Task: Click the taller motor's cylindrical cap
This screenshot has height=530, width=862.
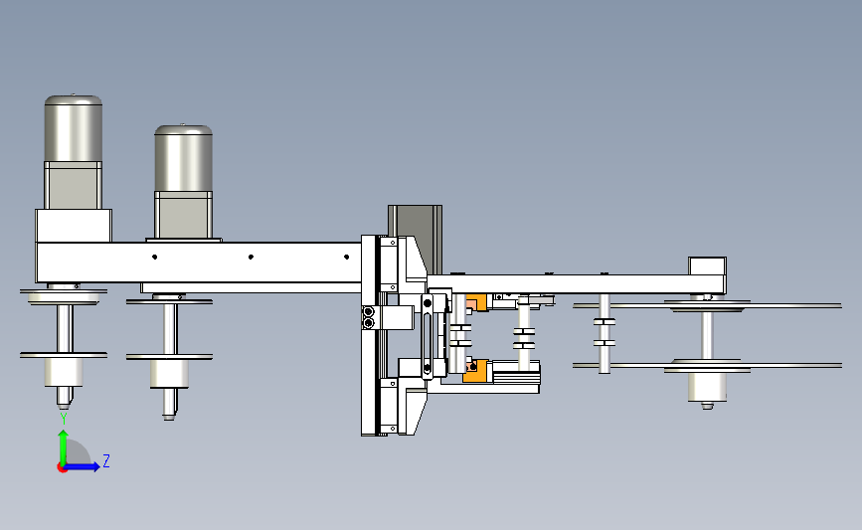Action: (x=74, y=128)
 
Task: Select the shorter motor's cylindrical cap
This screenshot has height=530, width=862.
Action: (x=183, y=158)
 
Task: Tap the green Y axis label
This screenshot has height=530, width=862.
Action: (x=64, y=420)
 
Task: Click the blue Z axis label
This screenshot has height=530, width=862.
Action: (x=106, y=460)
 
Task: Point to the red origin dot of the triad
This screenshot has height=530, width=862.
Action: (x=62, y=467)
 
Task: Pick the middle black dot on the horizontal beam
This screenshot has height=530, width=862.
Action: (x=251, y=257)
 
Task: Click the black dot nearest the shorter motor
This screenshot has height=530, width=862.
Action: (x=154, y=257)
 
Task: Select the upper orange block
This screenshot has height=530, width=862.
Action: (x=476, y=302)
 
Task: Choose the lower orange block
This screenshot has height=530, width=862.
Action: (x=475, y=371)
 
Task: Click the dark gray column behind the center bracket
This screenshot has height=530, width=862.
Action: (x=415, y=240)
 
